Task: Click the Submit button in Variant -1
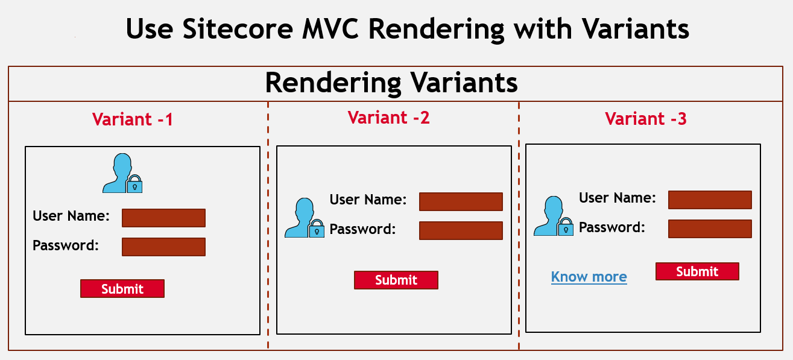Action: (x=122, y=288)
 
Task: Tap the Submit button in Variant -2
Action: (x=396, y=280)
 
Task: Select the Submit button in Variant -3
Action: (x=697, y=271)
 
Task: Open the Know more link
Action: (x=589, y=277)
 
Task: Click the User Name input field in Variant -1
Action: (x=163, y=218)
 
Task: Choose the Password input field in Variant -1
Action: (x=163, y=247)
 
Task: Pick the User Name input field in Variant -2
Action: (x=461, y=202)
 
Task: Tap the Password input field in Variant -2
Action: (x=461, y=231)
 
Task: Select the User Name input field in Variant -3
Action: (x=710, y=200)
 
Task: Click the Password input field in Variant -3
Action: (x=710, y=229)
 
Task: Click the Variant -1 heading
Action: (x=133, y=119)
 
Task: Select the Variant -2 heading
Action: (x=389, y=118)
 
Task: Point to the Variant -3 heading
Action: (x=646, y=119)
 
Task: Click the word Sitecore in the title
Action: (x=238, y=29)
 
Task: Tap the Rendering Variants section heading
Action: (x=391, y=83)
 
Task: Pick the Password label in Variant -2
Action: (x=362, y=229)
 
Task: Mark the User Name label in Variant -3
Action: (x=618, y=198)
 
